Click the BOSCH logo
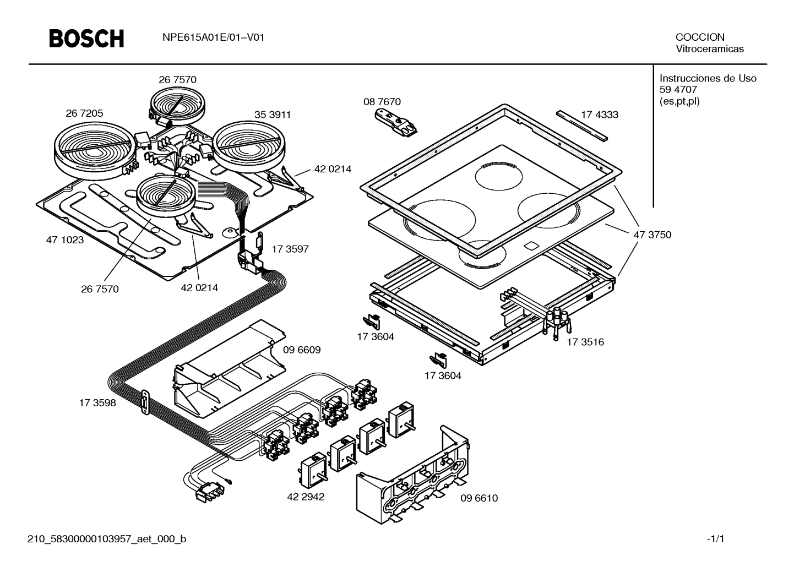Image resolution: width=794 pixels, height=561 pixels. click(87, 39)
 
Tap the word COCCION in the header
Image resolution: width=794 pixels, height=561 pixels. click(700, 37)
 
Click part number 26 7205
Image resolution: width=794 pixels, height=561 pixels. click(84, 113)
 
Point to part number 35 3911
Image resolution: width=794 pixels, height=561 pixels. click(272, 115)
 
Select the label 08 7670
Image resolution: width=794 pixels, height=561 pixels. click(382, 101)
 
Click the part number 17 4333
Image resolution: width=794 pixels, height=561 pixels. click(600, 115)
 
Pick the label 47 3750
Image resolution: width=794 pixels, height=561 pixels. click(652, 235)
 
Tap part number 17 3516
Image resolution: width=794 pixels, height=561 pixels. click(585, 342)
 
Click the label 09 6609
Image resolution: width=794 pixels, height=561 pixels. click(302, 350)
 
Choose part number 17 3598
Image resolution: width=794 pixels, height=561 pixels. click(97, 402)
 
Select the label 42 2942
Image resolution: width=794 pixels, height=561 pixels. click(306, 497)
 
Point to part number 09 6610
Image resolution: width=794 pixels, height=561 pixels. click(479, 498)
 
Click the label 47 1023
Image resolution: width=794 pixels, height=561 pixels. click(65, 240)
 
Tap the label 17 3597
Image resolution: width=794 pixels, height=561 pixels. click(290, 249)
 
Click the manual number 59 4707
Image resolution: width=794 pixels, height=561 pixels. click(678, 90)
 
